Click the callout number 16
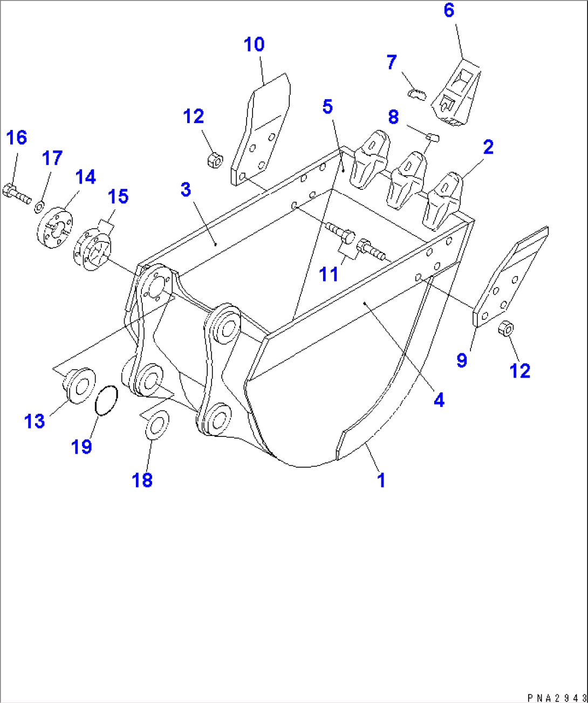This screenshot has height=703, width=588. click(16, 138)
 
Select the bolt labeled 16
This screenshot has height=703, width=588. click(17, 194)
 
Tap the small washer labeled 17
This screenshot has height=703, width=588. click(39, 207)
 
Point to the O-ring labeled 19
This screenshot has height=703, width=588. click(106, 401)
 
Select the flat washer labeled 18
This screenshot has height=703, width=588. click(156, 425)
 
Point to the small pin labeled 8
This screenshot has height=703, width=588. click(433, 138)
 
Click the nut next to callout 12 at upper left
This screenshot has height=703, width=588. click(214, 160)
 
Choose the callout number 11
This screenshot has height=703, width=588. click(329, 274)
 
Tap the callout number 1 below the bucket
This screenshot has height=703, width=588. click(381, 480)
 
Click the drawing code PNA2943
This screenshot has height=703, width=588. click(557, 698)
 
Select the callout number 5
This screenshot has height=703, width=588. click(327, 107)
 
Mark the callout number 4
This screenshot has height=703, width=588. click(439, 400)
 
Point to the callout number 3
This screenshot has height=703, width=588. click(186, 189)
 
